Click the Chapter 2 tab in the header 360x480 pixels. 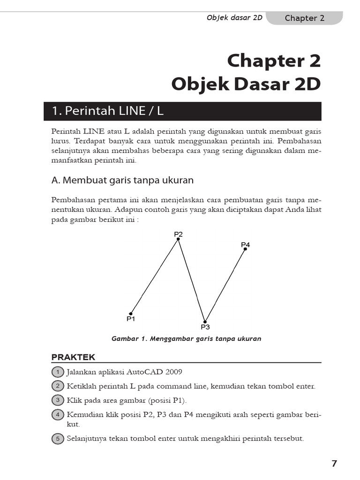click(x=304, y=18)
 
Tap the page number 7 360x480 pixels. click(x=334, y=464)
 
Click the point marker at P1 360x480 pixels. click(x=131, y=314)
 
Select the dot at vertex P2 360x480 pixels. click(x=178, y=239)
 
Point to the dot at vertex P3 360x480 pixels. click(x=205, y=322)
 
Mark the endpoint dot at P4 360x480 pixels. click(x=245, y=249)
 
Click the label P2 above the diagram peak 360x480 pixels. click(x=178, y=233)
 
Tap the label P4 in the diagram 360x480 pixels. click(x=245, y=244)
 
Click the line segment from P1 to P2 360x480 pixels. click(x=155, y=276)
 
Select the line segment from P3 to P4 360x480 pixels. click(x=225, y=285)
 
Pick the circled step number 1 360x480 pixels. click(x=57, y=372)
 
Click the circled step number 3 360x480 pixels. click(x=57, y=400)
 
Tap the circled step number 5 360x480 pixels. click(x=57, y=439)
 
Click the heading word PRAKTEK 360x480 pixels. click(x=73, y=357)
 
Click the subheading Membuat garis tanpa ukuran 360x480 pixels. click(x=122, y=180)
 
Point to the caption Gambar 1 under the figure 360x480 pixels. click(x=186, y=338)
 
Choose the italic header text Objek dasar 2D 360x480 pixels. click(x=234, y=18)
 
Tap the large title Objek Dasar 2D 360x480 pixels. click(x=246, y=84)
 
